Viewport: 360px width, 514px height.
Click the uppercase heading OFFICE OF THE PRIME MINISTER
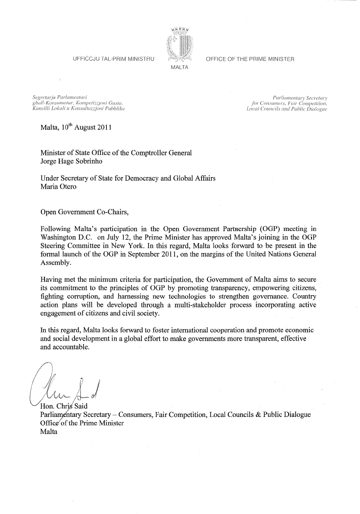tap(250, 59)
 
